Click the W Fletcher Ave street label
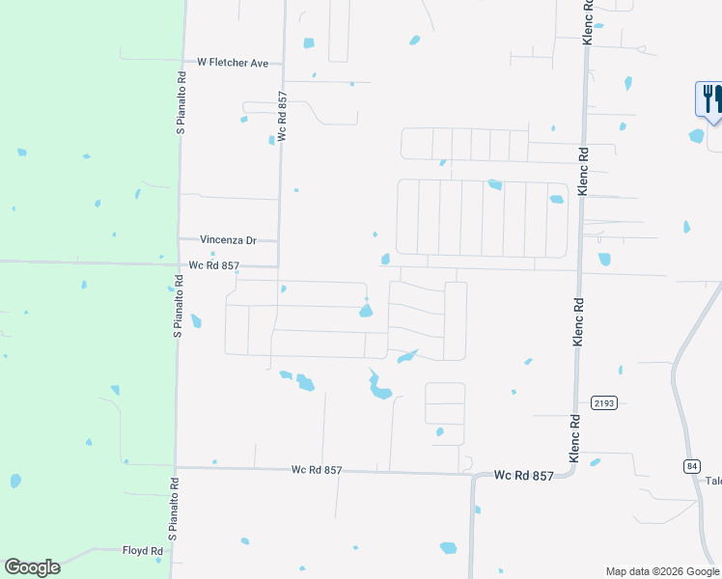click(233, 62)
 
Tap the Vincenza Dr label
click(228, 239)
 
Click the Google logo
click(32, 567)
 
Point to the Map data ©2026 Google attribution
click(661, 571)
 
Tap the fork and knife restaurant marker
click(708, 98)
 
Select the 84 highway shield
click(691, 466)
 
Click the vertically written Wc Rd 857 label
click(283, 118)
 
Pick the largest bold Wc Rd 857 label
click(523, 476)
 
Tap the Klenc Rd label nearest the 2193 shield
click(575, 437)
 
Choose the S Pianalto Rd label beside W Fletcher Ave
click(180, 101)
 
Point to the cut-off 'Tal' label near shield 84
click(713, 482)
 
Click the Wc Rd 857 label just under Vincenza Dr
click(213, 264)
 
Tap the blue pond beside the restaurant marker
click(697, 136)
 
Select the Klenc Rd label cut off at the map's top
click(587, 18)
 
